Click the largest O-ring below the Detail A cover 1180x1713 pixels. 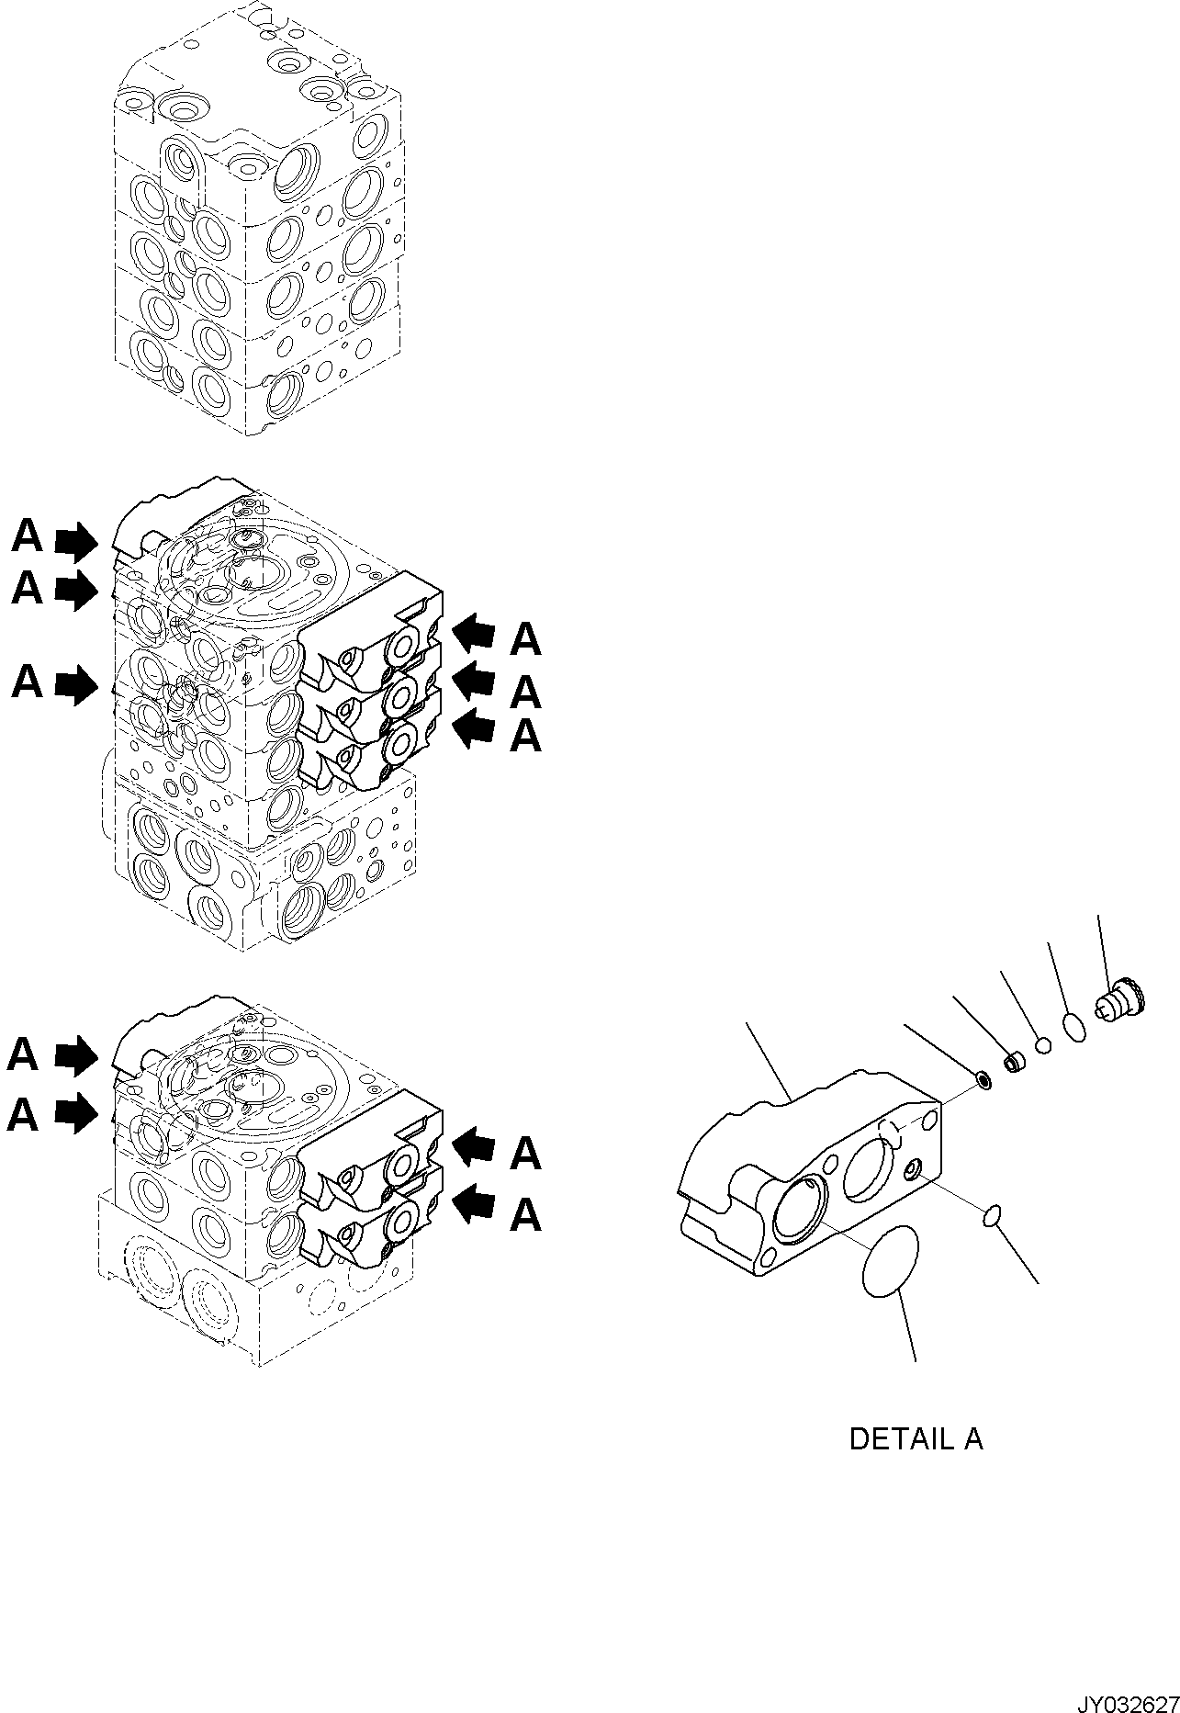click(x=890, y=1260)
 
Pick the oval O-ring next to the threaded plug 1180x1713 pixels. click(x=1074, y=1026)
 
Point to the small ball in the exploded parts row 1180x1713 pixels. click(x=1042, y=1044)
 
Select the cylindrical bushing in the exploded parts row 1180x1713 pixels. click(x=1014, y=1063)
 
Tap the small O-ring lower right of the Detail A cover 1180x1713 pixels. click(x=992, y=1218)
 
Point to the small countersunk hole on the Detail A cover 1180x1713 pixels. click(x=915, y=1170)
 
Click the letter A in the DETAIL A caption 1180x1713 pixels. click(x=972, y=1438)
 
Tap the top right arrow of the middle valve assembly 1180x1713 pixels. click(x=474, y=635)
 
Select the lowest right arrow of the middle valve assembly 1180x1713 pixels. click(x=474, y=728)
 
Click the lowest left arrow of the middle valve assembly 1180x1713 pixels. click(x=76, y=685)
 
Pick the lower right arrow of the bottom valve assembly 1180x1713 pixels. click(x=474, y=1203)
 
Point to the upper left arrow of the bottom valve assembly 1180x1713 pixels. click(x=76, y=1055)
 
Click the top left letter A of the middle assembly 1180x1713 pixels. click(x=28, y=536)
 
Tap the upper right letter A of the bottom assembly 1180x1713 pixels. click(x=525, y=1153)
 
